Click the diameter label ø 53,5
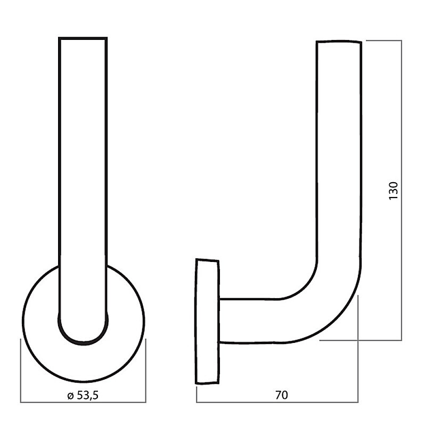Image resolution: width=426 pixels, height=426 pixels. coord(83,395)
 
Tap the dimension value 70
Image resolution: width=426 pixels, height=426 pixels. coord(282,395)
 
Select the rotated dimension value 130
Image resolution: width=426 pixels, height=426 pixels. coord(393,191)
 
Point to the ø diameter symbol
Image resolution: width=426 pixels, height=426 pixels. coord(70,396)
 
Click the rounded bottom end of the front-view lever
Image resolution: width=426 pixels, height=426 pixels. coord(83,343)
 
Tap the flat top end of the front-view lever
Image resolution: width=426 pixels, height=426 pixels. coord(83,38)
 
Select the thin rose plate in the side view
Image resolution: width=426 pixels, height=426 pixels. coord(207,322)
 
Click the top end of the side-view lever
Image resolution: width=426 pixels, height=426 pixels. coord(339,42)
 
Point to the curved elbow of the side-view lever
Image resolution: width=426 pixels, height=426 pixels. coord(334,315)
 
